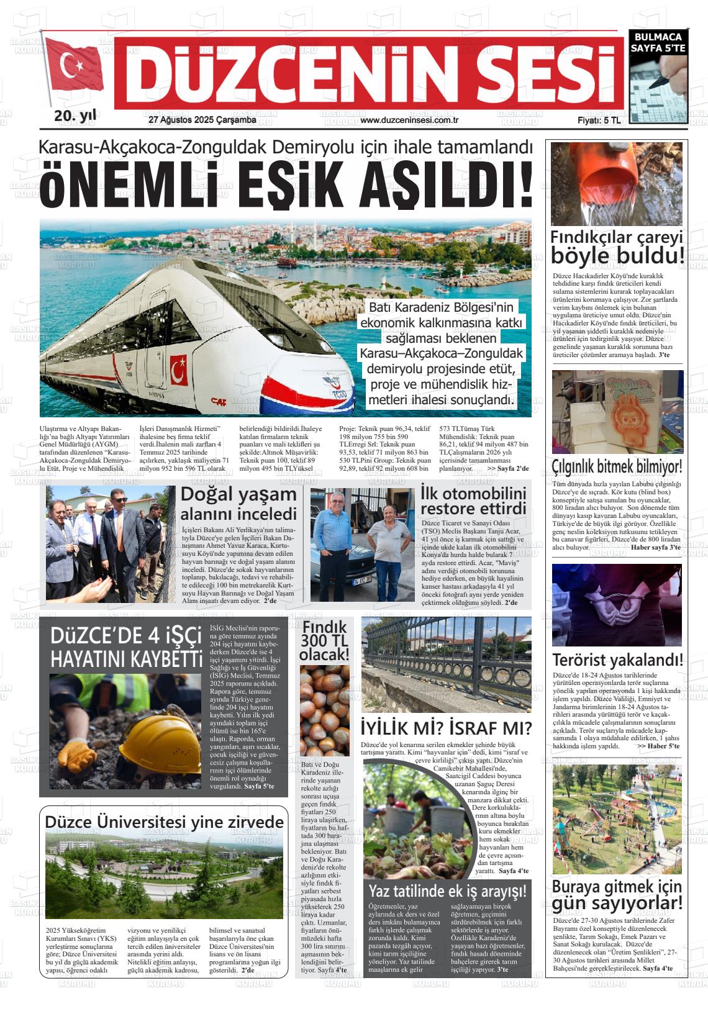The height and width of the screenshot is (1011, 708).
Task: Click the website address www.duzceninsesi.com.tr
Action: (409, 120)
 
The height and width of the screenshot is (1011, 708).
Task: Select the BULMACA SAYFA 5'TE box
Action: (658, 42)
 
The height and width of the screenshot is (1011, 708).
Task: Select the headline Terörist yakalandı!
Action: (617, 660)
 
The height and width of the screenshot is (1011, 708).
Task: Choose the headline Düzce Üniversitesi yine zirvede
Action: (164, 822)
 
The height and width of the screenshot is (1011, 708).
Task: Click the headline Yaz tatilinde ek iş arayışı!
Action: (447, 891)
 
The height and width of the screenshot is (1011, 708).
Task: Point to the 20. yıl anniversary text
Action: (75, 116)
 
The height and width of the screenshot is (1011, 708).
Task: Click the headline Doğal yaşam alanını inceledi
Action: (238, 504)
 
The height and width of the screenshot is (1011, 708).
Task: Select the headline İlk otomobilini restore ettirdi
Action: (473, 501)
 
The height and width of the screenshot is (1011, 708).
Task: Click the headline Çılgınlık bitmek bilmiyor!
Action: (617, 466)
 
